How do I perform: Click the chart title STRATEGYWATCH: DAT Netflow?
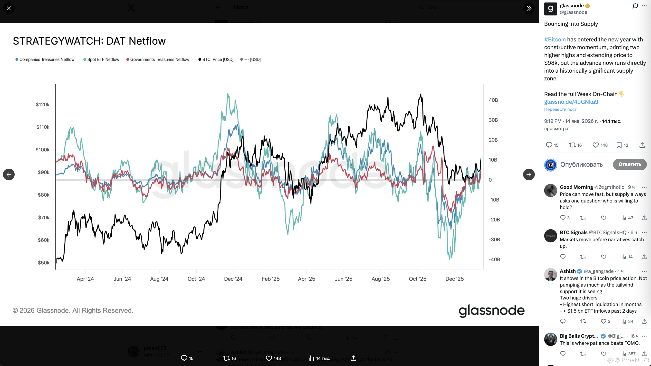(89, 41)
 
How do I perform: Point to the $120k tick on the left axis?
(42, 104)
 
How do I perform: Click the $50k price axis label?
(43, 263)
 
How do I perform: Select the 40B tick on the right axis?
(493, 100)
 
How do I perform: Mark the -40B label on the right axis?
(494, 259)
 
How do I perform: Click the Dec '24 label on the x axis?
(233, 279)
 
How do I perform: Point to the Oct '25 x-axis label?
(418, 279)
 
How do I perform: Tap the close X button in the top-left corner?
(9, 8)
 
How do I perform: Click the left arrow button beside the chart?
(9, 174)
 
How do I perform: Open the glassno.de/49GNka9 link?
(571, 102)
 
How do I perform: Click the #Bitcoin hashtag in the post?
(555, 39)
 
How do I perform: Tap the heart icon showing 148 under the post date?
(596, 145)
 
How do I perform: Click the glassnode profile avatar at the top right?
(550, 9)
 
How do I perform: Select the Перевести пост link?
(560, 109)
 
